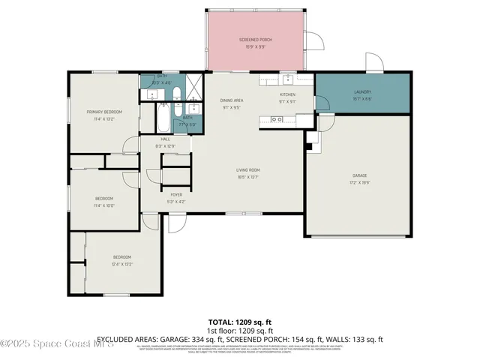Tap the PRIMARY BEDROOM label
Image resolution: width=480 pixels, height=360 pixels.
[103, 112]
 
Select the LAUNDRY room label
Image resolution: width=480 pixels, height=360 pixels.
[362, 92]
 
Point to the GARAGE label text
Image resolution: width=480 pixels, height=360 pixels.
[359, 176]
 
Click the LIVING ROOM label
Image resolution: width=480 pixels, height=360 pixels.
[248, 171]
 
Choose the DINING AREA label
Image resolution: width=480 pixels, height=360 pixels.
[231, 100]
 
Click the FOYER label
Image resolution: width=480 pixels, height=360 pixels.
[175, 195]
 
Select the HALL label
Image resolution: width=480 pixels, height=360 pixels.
[166, 139]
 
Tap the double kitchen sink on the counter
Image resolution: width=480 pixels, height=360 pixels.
[277, 119]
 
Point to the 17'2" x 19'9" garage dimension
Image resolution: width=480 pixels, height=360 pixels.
[359, 182]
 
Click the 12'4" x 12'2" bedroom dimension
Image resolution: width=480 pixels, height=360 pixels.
[121, 263]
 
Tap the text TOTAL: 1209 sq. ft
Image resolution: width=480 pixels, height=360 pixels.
[240, 322]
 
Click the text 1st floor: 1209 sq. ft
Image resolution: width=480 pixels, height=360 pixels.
[240, 331]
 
